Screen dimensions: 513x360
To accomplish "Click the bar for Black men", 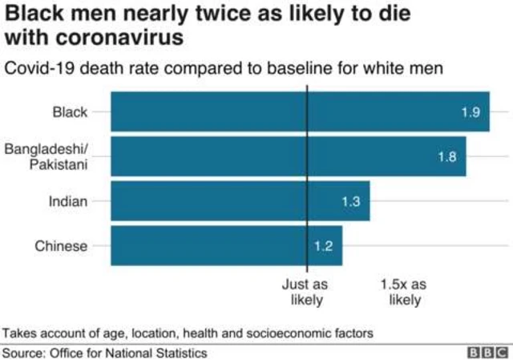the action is (301, 111).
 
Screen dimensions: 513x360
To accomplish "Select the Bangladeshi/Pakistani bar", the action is (289, 156).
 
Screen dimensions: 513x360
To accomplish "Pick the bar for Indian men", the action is (240, 201).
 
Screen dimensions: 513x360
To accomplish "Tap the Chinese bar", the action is (227, 245).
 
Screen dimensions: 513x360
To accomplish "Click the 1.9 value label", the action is (471, 112).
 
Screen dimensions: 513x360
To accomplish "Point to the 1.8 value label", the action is (447, 157).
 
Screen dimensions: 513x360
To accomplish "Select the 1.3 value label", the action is (351, 201).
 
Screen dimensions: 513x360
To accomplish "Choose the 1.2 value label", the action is (323, 246).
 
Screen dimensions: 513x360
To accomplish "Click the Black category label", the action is (70, 112).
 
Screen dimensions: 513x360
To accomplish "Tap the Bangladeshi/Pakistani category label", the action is (46, 156).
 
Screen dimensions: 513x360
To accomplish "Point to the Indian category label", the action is (68, 201).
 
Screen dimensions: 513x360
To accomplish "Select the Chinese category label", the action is (61, 246).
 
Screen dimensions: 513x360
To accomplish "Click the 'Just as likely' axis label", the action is (305, 292).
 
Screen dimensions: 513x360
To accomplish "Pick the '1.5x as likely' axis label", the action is (404, 292).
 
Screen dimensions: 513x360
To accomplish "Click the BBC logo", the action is (487, 353).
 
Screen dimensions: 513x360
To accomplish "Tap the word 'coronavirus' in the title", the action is (119, 37).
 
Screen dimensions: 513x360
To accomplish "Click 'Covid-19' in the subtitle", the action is (39, 68).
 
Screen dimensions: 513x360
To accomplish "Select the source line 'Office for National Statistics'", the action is (128, 353).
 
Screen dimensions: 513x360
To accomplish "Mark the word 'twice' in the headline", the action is (222, 14).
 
